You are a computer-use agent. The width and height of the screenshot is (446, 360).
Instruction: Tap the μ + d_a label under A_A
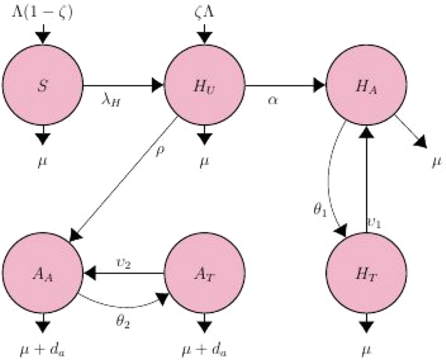[x=43, y=350]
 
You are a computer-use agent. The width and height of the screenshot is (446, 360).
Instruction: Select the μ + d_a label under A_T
[x=204, y=350]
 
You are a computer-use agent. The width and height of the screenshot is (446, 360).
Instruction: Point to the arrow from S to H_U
[x=122, y=86]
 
